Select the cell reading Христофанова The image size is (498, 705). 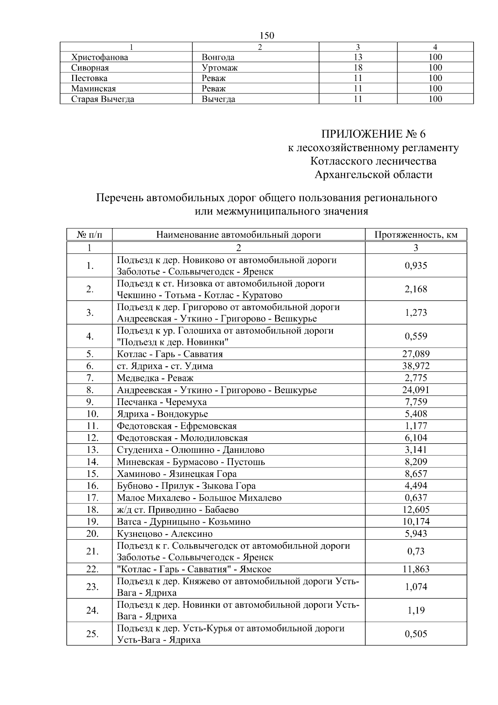click(x=100, y=57)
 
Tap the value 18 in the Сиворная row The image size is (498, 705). click(x=358, y=68)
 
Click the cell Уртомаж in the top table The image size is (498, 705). click(x=220, y=68)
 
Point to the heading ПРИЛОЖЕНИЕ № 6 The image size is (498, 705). click(x=373, y=134)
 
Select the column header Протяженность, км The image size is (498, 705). click(x=416, y=235)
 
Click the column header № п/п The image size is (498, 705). click(x=89, y=235)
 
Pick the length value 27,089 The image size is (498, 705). click(x=416, y=354)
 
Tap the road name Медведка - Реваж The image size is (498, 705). click(x=155, y=378)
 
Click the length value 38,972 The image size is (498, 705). click(x=416, y=366)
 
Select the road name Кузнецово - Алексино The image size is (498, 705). click(x=164, y=534)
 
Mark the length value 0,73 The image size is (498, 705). click(x=416, y=551)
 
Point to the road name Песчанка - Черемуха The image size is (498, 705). click(x=161, y=402)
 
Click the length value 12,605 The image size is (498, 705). click(x=416, y=510)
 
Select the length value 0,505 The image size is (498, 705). click(x=416, y=634)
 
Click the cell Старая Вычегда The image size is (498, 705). click(x=103, y=99)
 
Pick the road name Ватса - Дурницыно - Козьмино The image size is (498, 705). click(x=183, y=522)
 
